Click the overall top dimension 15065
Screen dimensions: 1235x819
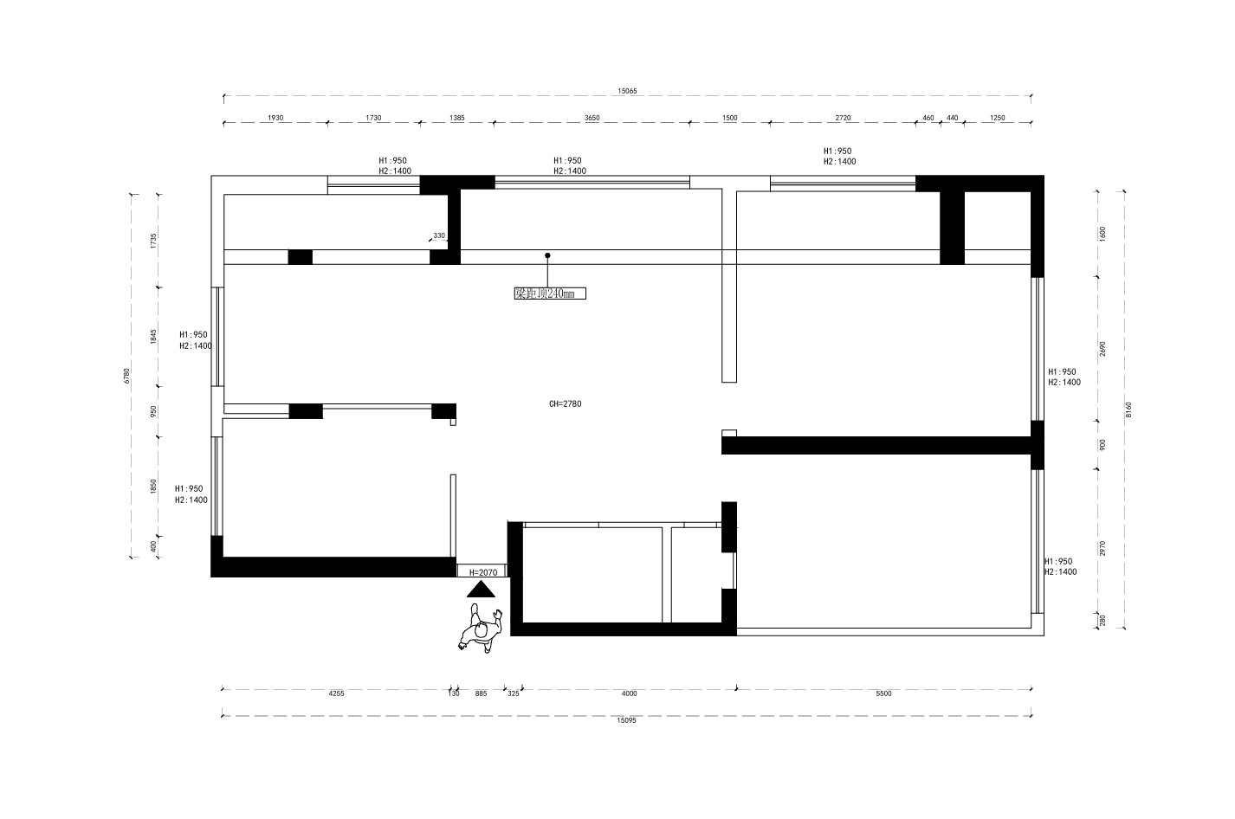pos(627,91)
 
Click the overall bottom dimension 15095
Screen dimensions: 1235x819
pos(626,720)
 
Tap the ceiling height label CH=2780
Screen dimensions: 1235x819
pos(566,404)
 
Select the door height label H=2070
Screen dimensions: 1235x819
pos(483,572)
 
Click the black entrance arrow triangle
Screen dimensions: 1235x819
pos(481,590)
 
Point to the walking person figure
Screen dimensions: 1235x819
pos(480,629)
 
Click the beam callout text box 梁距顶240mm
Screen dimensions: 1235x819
pos(550,293)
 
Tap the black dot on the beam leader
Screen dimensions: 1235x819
pos(547,255)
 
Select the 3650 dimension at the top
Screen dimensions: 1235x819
pos(592,118)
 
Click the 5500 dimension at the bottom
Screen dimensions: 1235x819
pos(883,693)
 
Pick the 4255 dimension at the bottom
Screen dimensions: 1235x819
pos(336,693)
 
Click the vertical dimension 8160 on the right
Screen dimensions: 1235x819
pos(1128,409)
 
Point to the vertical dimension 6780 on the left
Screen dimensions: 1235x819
pos(126,376)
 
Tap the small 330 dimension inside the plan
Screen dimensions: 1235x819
pos(439,235)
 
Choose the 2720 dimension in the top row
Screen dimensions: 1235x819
pos(843,118)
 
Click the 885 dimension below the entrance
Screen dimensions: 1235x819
pos(482,693)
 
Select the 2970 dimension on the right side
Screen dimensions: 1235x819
pos(1102,548)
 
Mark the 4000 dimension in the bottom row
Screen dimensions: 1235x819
pos(629,693)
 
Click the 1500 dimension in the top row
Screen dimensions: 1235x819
pos(729,118)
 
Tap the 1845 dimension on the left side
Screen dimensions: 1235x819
pos(154,338)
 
